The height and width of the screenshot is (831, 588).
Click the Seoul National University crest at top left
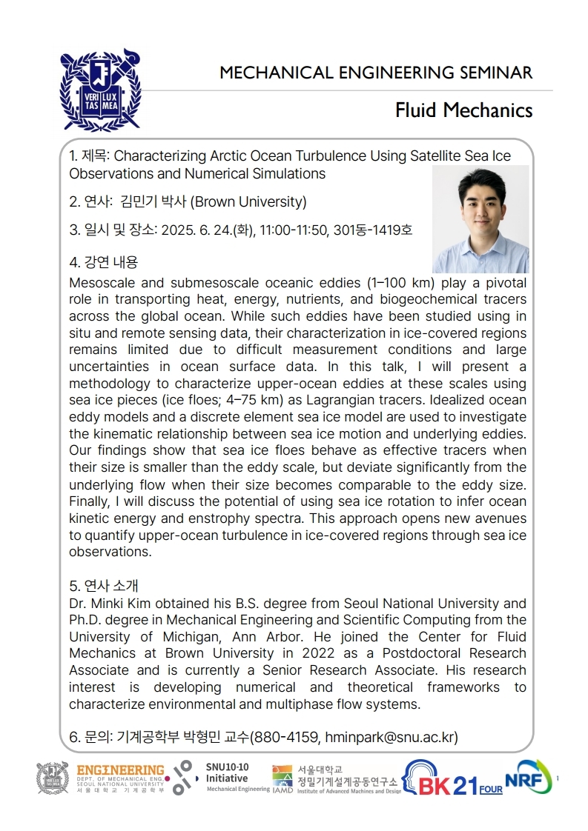(100, 89)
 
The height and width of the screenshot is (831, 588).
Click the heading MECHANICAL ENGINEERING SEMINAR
(376, 73)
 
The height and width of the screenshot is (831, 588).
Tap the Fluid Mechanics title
(463, 110)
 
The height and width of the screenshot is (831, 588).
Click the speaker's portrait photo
(480, 219)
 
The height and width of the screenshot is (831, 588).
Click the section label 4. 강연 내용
(103, 261)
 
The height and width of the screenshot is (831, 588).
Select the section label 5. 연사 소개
(103, 586)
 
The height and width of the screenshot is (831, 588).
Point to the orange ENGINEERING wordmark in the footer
(120, 770)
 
